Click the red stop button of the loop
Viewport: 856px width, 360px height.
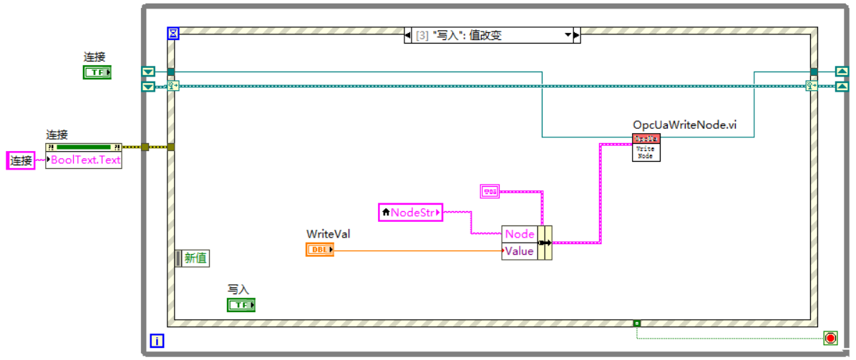(830, 337)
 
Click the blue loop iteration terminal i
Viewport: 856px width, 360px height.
(157, 341)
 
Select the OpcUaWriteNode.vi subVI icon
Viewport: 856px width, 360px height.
(646, 147)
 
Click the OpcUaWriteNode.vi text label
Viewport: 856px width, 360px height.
(684, 125)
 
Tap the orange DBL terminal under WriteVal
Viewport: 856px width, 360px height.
(319, 250)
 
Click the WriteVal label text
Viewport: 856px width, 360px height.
(328, 234)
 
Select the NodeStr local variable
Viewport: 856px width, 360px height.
(410, 212)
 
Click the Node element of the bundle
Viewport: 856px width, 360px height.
(520, 234)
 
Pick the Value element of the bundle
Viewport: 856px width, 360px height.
(520, 251)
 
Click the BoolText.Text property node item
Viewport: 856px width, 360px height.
(84, 160)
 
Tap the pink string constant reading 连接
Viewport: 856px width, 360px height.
(21, 160)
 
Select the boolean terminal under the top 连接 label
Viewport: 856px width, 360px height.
(97, 72)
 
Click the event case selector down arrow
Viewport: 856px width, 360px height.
(569, 35)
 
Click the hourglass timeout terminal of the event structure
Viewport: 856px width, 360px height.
(172, 34)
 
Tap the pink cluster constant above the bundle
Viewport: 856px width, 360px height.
(490, 190)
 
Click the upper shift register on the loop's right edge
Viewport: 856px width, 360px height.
(842, 72)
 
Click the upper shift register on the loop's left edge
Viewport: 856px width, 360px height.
(148, 72)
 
